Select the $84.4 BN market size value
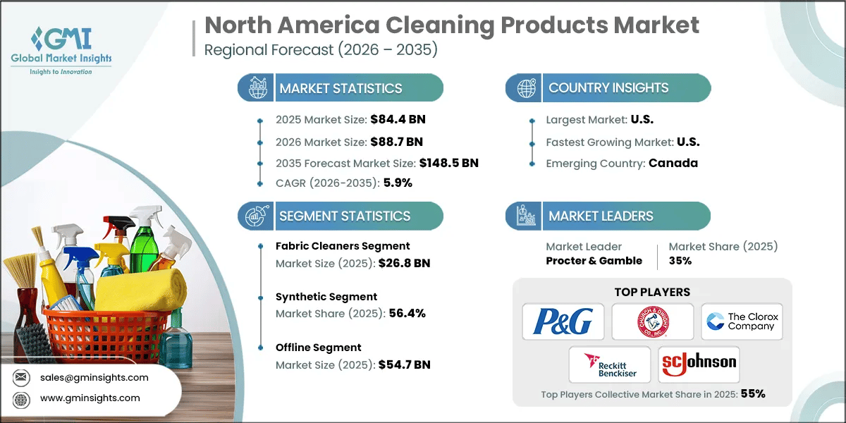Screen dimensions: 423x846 click(398, 118)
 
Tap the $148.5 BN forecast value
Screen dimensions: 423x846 click(449, 163)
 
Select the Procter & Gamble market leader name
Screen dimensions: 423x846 click(594, 261)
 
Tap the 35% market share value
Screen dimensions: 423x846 click(680, 261)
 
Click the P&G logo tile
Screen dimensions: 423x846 click(563, 321)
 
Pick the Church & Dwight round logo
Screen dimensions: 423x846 click(652, 321)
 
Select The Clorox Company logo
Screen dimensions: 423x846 click(742, 321)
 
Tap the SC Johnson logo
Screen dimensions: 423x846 click(699, 364)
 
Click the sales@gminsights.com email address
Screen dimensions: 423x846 click(94, 377)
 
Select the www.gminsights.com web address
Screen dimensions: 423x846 click(90, 398)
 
